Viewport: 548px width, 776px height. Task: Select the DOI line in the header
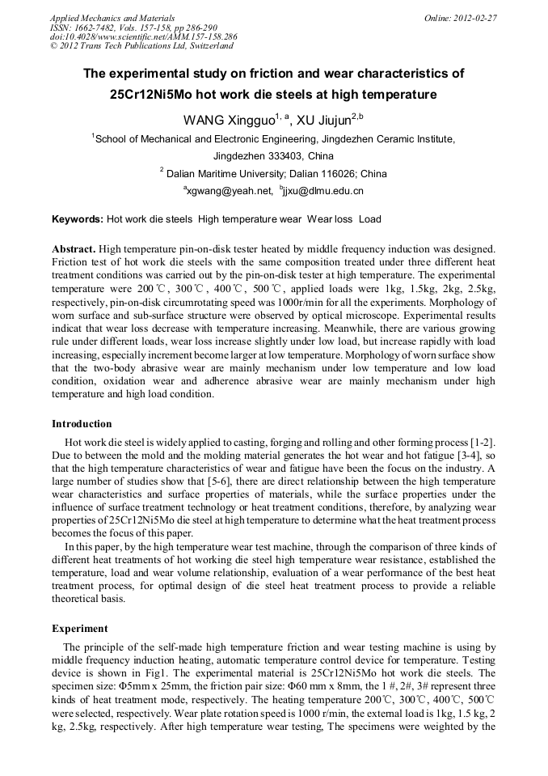point(144,37)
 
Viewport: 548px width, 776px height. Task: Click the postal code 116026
point(339,174)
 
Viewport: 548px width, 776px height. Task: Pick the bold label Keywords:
point(78,219)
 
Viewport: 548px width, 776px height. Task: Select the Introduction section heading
point(82,424)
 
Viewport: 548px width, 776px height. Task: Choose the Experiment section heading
point(79,628)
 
